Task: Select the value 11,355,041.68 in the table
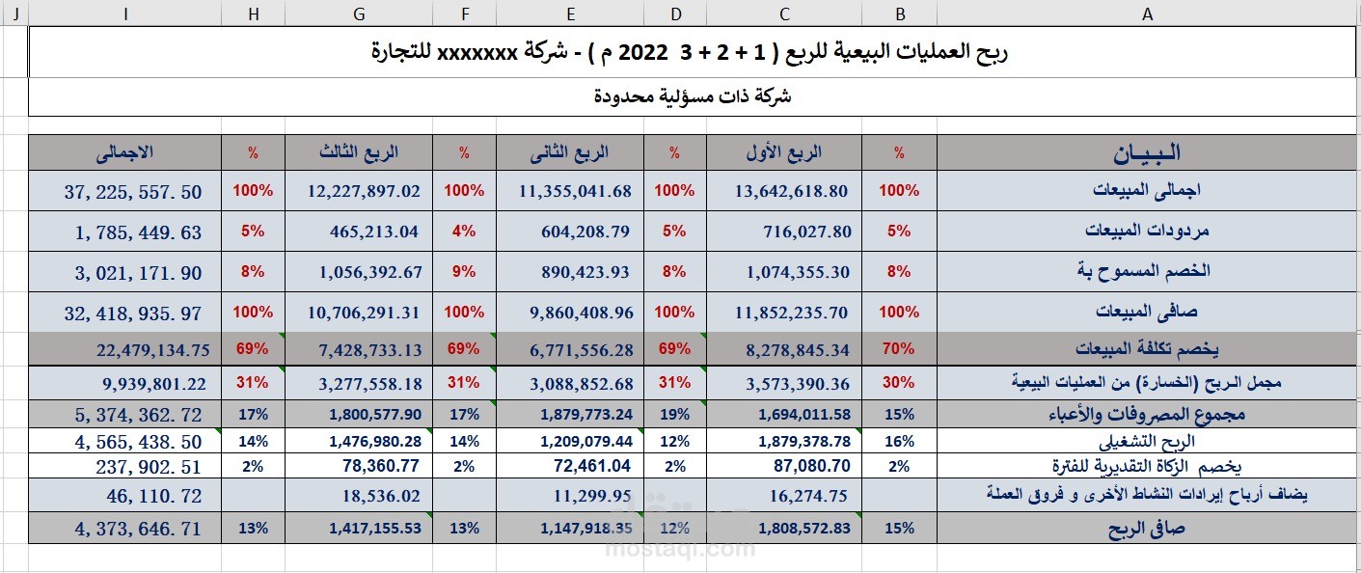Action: pos(575,191)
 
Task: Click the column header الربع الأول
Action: pos(784,152)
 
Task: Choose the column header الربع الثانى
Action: pos(571,152)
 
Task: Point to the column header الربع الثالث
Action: pos(359,152)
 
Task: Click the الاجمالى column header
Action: pos(125,152)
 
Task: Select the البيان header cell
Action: pos(1147,152)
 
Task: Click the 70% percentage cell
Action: pos(899,348)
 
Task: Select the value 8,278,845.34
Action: pos(798,348)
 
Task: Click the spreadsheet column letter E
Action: pos(571,13)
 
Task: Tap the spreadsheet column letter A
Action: pos(1147,13)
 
